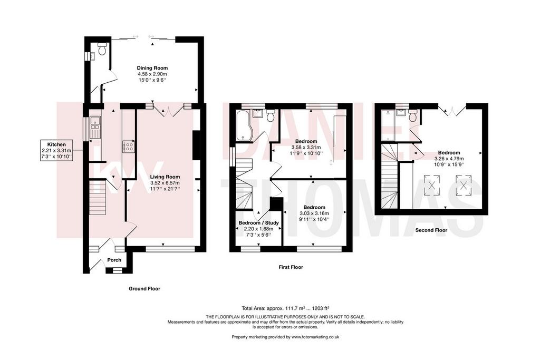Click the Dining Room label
point(152,68)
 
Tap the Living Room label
point(165,177)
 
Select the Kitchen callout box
point(56,150)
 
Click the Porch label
point(114,260)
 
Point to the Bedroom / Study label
point(258,222)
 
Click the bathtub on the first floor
point(244,125)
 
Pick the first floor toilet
point(271,115)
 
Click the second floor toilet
point(412,115)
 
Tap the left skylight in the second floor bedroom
point(432,185)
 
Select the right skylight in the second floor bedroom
point(464,185)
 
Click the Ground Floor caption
point(144,289)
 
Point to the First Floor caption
point(291,267)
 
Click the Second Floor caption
point(431,230)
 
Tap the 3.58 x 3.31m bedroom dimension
point(306,147)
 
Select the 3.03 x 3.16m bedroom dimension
point(314,213)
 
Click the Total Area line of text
point(287,308)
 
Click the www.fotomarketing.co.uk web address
point(315,337)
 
